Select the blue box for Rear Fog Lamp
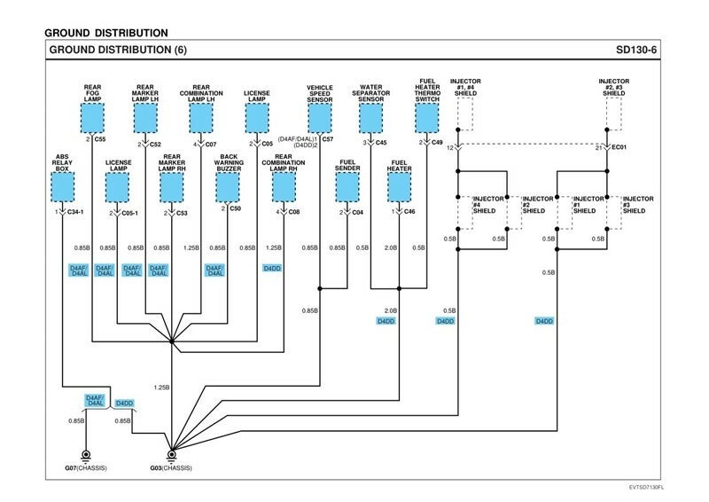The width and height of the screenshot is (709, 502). (92, 117)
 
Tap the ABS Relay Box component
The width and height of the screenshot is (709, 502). (62, 186)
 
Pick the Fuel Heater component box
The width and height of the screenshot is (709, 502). (399, 186)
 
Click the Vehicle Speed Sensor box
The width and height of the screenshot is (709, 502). (319, 117)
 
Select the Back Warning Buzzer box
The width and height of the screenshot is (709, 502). (229, 186)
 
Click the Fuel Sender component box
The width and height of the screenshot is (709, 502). (347, 186)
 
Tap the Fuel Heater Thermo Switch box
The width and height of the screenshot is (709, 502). (428, 117)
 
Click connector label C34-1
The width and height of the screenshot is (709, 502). (74, 213)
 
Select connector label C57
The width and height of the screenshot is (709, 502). (328, 140)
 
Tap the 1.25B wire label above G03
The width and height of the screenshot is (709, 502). (161, 388)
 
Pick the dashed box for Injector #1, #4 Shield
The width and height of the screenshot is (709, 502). (465, 114)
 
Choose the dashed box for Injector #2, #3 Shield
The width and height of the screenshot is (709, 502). (614, 114)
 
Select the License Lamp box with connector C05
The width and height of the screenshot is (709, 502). (256, 117)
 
